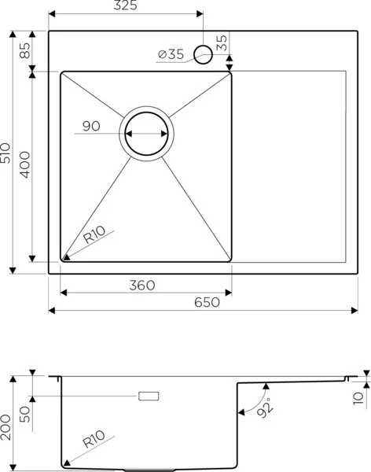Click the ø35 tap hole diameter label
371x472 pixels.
click(171, 53)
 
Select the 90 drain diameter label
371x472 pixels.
click(93, 126)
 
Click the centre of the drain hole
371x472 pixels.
click(146, 133)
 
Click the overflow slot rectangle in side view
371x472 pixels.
click(149, 396)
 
